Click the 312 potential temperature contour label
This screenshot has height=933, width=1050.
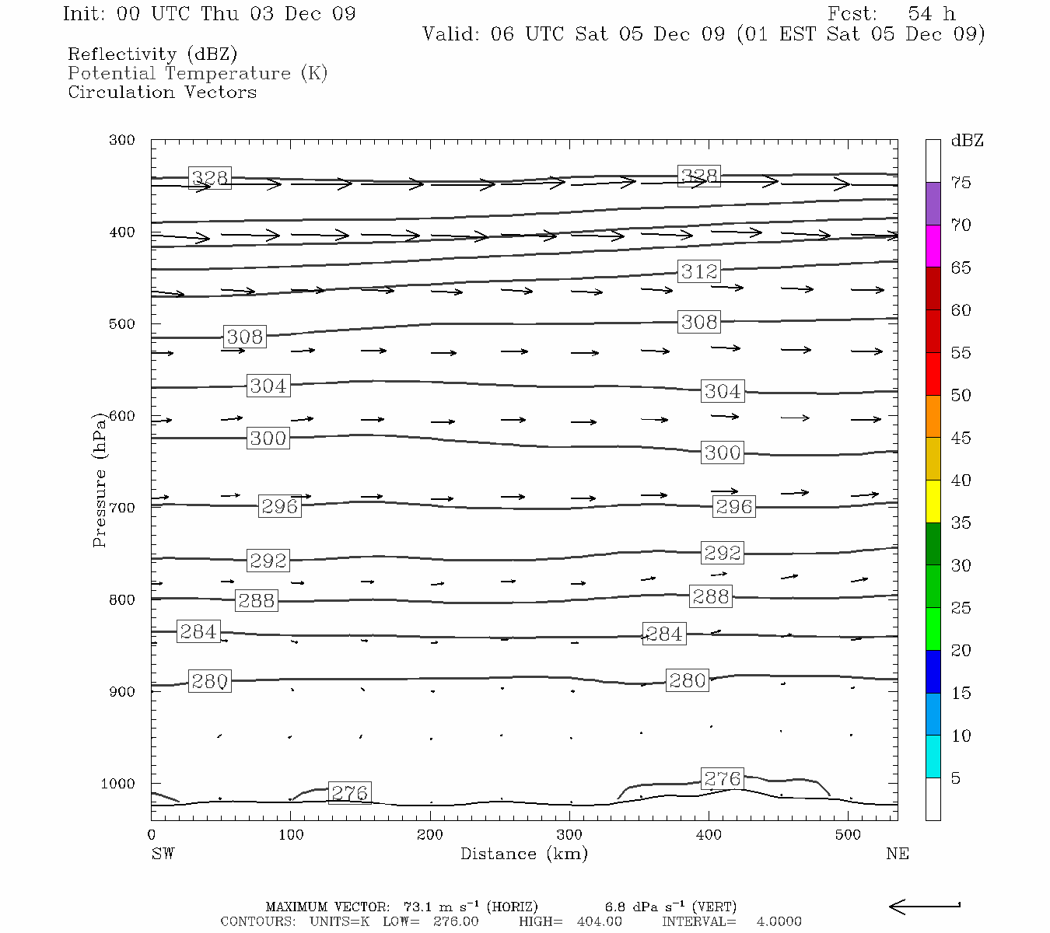coord(699,271)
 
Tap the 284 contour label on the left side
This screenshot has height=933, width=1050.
coord(198,631)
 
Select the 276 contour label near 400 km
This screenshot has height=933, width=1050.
coord(722,778)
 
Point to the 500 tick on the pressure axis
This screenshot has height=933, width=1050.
coord(122,324)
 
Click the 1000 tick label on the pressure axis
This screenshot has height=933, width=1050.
coord(118,784)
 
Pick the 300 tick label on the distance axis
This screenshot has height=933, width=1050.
coord(569,835)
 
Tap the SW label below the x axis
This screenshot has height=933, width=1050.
coord(163,854)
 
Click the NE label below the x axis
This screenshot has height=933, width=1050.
coord(897,854)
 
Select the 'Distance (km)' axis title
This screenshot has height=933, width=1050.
coord(523,854)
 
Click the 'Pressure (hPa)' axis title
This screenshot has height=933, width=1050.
coord(99,479)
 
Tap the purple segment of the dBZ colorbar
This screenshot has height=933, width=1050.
coord(933,204)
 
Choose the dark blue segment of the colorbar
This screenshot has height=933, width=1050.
coord(933,671)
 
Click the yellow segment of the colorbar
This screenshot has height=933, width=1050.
coord(933,501)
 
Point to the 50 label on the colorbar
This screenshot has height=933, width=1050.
coord(961,396)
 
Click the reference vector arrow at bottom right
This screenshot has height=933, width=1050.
coord(924,906)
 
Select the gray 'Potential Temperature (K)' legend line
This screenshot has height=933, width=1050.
coord(198,73)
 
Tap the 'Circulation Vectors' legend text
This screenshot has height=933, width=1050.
coord(162,92)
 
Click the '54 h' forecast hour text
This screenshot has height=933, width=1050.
coord(932,14)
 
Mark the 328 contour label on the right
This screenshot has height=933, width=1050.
coord(698,176)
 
